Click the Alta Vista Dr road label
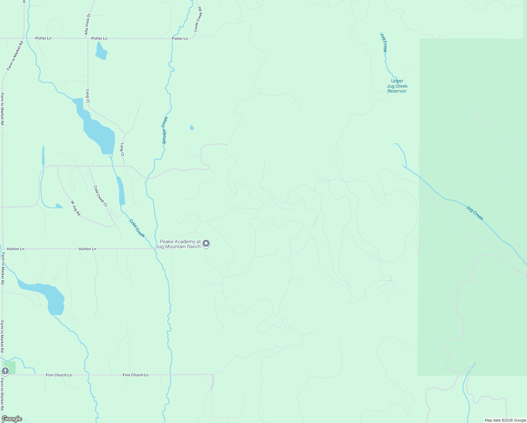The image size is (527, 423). [x=88, y=24]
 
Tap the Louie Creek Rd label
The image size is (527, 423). [x=198, y=19]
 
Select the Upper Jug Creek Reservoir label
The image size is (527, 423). [x=397, y=86]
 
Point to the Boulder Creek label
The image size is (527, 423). [x=165, y=130]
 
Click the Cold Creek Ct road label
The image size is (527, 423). [x=100, y=196]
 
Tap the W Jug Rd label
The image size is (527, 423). [x=76, y=208]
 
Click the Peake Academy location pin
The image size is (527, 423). [x=206, y=243]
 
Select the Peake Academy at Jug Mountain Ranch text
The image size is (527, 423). [x=178, y=244]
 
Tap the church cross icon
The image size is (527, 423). [x=5, y=371]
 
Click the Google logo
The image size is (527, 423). [x=12, y=419]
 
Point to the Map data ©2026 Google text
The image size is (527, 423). [x=505, y=420]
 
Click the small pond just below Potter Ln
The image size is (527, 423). [x=101, y=51]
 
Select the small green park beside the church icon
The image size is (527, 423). [x=10, y=367]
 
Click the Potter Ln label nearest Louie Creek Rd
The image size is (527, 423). [x=180, y=38]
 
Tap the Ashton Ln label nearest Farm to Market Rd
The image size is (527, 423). [x=15, y=249]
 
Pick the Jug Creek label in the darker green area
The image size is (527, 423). [x=475, y=213]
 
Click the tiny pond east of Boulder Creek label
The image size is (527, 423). [x=192, y=128]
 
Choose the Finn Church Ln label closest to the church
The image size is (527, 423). [x=59, y=375]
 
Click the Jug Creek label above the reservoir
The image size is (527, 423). [x=384, y=42]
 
